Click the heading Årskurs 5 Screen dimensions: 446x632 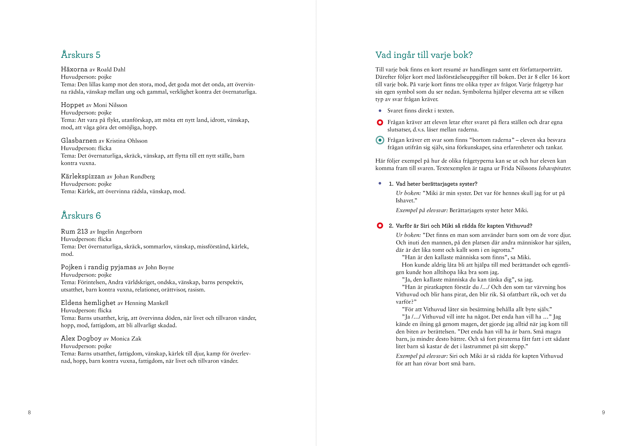(x=81, y=55)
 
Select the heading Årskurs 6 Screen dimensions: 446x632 (x=81, y=215)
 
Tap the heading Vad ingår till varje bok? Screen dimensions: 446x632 (x=424, y=55)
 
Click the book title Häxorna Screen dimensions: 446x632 (x=74, y=69)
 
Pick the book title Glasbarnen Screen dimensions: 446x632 (x=79, y=141)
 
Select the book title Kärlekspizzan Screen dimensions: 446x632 (x=83, y=176)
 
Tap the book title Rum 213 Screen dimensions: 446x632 (x=74, y=232)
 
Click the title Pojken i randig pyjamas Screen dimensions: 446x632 (x=99, y=267)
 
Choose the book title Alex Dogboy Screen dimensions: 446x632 (x=81, y=339)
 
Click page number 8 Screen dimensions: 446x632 (x=29, y=412)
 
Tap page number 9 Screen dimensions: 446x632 (x=603, y=412)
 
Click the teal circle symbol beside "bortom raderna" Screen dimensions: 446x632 (x=380, y=140)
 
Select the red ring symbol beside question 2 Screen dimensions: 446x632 (x=380, y=226)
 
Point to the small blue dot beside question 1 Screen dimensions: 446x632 (x=380, y=183)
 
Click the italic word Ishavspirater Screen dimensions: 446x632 (x=554, y=168)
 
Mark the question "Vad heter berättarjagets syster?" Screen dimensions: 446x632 (x=436, y=184)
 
